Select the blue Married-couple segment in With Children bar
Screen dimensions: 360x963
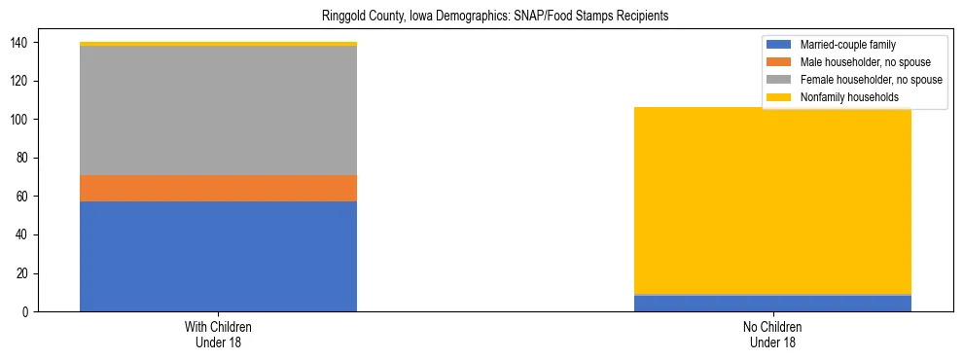(x=218, y=256)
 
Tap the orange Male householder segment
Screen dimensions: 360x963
(x=218, y=188)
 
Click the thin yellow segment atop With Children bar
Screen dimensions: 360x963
(x=218, y=44)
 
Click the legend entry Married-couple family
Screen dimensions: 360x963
(x=847, y=45)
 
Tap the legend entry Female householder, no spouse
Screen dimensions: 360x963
(x=870, y=80)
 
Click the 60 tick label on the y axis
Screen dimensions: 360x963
(x=25, y=197)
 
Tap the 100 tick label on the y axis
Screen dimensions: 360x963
(x=22, y=120)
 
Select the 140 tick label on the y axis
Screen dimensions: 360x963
(x=22, y=43)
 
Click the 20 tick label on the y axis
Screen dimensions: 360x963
(x=25, y=273)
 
